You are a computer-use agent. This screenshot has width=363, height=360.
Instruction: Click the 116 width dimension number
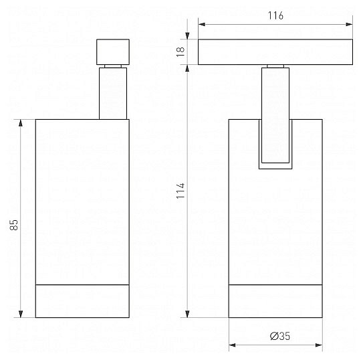coord(275,15)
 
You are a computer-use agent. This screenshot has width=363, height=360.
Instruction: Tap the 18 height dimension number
coord(180,52)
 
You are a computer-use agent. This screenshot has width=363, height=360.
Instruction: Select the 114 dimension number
coord(180,191)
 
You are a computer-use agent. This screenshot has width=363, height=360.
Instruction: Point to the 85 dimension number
coord(13,225)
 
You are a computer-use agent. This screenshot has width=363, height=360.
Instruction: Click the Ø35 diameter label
coord(280,336)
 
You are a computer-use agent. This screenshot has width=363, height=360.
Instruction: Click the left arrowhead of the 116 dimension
coord(202,24)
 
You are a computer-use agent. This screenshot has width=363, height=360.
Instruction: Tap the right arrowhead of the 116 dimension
coord(349,24)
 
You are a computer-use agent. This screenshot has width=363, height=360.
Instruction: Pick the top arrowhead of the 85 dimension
coord(21,123)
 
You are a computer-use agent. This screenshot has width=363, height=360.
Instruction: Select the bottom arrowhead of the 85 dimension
coord(21,314)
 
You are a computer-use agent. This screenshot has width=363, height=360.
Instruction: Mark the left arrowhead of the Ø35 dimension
coord(232,345)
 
